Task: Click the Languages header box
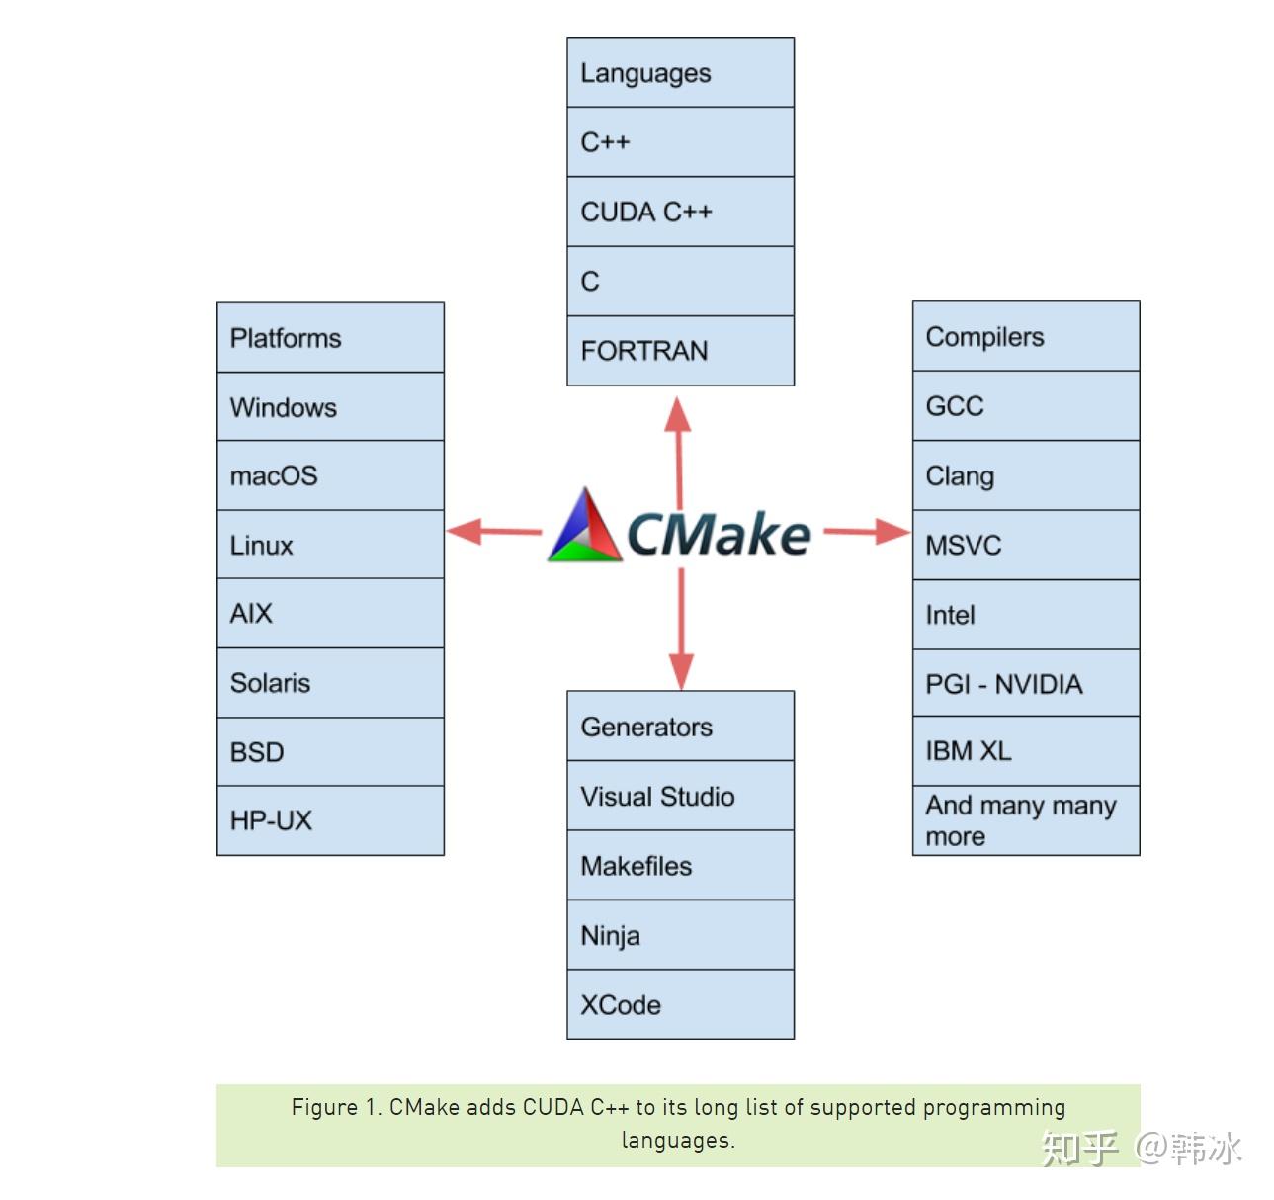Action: [680, 72]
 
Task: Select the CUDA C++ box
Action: [680, 212]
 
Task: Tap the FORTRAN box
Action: [680, 350]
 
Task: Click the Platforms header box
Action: [330, 337]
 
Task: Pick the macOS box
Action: [330, 475]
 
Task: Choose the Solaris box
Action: [330, 683]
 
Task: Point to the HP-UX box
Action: [330, 820]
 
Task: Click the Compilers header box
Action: [1026, 336]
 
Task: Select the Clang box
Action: [1026, 475]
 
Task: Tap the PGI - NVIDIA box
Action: [1026, 683]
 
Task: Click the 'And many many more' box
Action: [1026, 820]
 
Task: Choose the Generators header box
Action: [680, 727]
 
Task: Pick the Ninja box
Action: [680, 935]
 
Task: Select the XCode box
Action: [680, 1004]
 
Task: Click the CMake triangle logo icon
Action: [584, 526]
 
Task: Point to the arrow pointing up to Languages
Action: [678, 453]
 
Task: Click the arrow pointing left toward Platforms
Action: [494, 532]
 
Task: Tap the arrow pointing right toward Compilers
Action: [867, 532]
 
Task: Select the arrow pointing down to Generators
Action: [681, 629]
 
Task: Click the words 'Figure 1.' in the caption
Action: [337, 1108]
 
